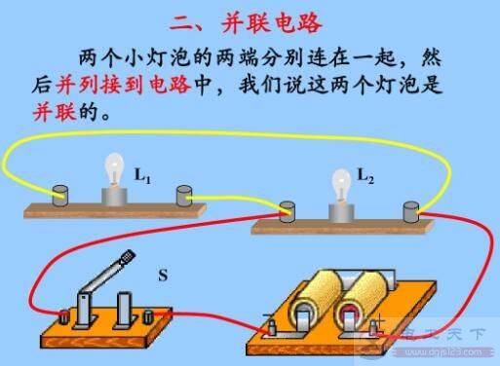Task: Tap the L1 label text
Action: pos(142,176)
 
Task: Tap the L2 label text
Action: pos(365,176)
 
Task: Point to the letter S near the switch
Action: pos(162,276)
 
